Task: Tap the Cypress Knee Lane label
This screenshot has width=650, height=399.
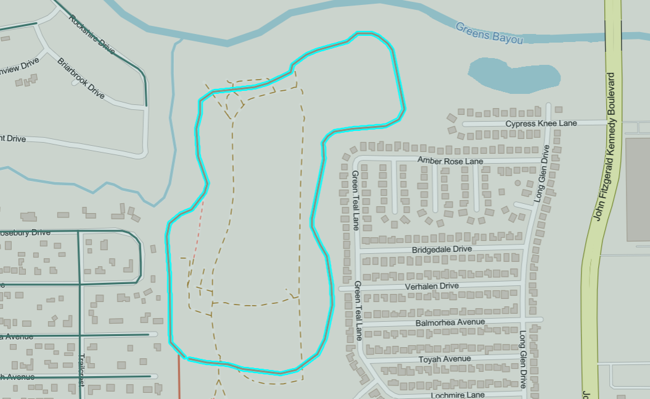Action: pyautogui.click(x=541, y=124)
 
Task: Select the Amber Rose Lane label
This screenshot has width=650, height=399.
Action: pyautogui.click(x=450, y=161)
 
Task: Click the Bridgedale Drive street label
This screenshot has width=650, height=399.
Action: pyautogui.click(x=441, y=249)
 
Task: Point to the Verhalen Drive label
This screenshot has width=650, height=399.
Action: pyautogui.click(x=432, y=286)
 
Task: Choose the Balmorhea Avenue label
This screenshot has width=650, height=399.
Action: pyautogui.click(x=450, y=322)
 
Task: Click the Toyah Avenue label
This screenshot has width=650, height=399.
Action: pyautogui.click(x=444, y=359)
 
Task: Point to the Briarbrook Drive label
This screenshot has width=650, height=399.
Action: pyautogui.click(x=81, y=78)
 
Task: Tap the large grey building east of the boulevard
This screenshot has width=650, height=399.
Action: pyautogui.click(x=638, y=188)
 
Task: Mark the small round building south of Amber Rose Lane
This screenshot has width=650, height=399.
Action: pyautogui.click(x=517, y=183)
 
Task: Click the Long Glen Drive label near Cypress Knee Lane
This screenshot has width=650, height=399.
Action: pyautogui.click(x=541, y=174)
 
